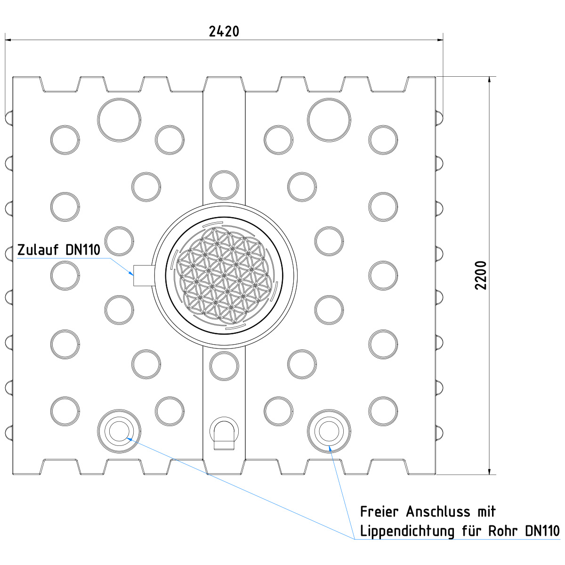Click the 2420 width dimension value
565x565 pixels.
[x=224, y=32]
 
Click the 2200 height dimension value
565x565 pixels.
[x=481, y=275]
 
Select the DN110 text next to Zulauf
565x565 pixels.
[x=83, y=250]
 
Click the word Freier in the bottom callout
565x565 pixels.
[x=379, y=512]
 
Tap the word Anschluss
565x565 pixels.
[x=438, y=512]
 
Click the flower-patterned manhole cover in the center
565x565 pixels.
[x=224, y=275]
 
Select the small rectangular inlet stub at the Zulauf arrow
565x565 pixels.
[x=144, y=275]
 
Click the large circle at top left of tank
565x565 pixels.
[x=119, y=120]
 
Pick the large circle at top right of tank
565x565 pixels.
[x=329, y=120]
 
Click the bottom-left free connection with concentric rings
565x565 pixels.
[x=119, y=431]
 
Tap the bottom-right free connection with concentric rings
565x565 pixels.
[x=329, y=431]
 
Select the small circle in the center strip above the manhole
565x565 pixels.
[x=224, y=186]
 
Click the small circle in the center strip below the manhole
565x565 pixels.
[x=224, y=366]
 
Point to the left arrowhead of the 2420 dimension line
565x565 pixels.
[x=8, y=40]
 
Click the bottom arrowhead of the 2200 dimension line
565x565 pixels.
[x=489, y=471]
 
